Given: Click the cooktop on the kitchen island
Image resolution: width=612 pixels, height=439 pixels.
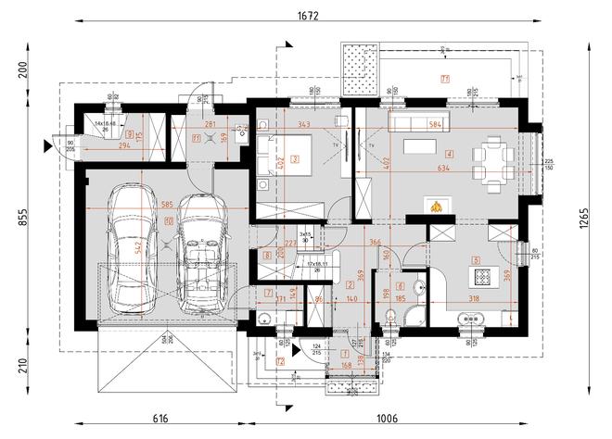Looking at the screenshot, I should tap(482, 276).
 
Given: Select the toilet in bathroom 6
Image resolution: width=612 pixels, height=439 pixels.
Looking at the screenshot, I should tap(389, 320).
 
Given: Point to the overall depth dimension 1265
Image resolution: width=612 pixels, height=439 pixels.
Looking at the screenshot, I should tap(597, 218).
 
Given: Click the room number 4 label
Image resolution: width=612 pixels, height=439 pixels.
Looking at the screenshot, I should tap(449, 154).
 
